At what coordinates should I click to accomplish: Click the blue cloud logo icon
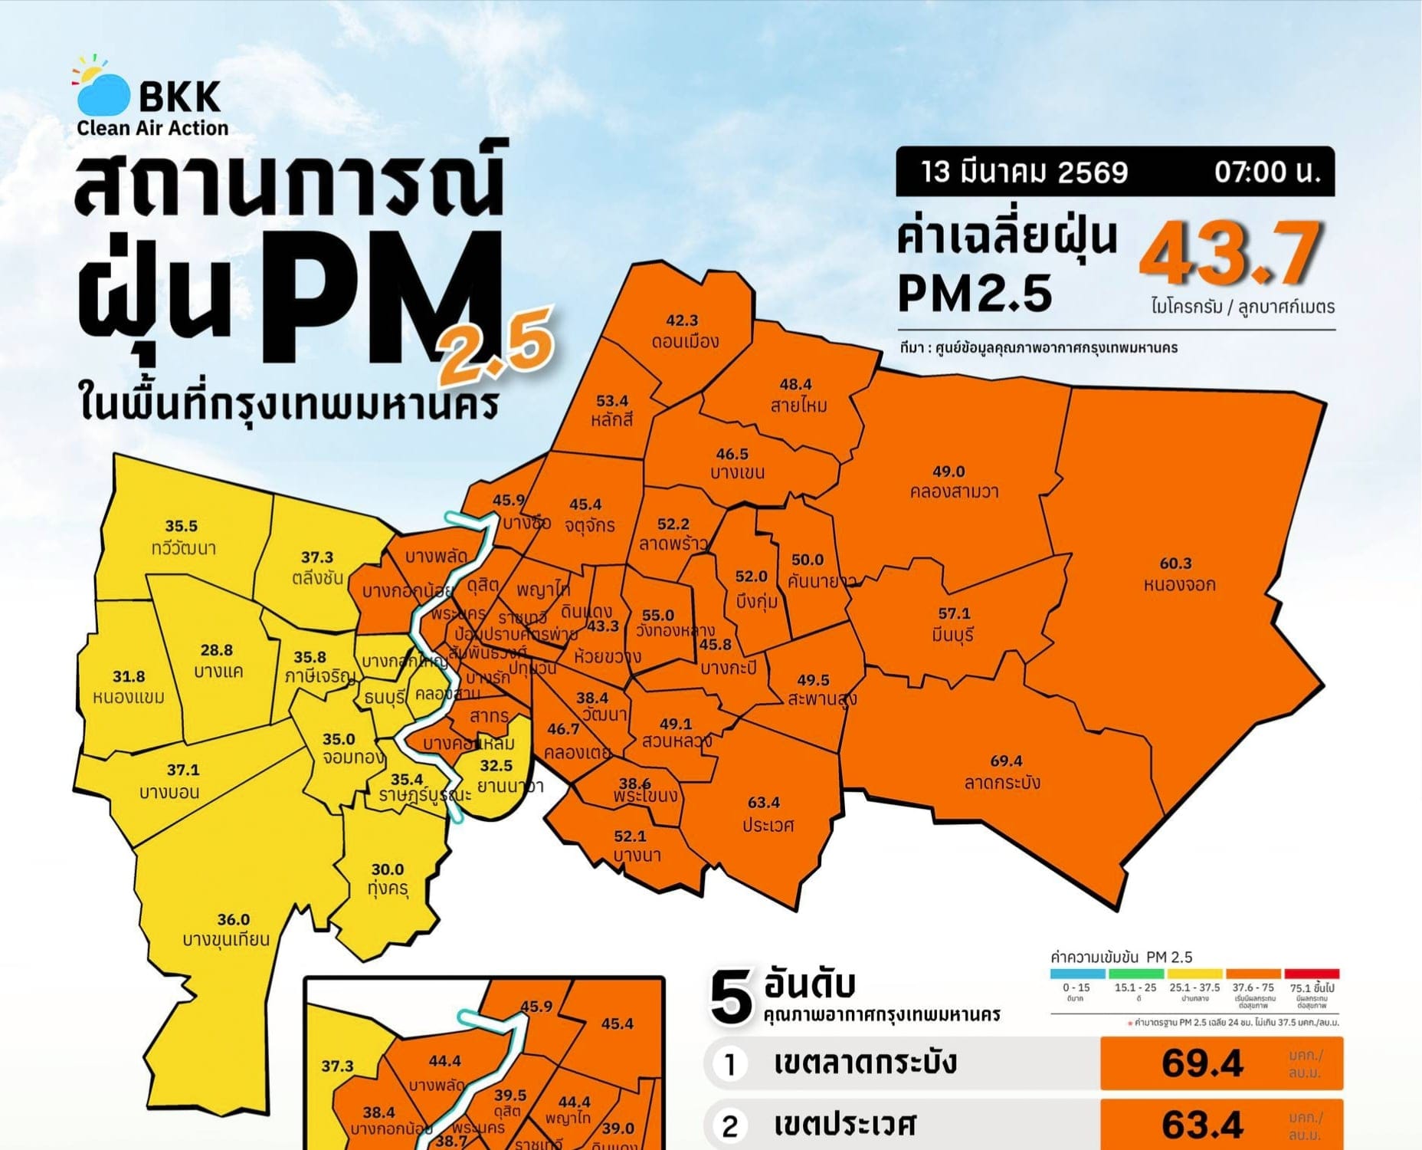click(103, 94)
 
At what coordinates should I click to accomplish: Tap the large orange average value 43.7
click(1230, 252)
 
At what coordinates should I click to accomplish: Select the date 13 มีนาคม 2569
click(1024, 172)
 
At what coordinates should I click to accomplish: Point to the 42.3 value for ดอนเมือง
click(682, 320)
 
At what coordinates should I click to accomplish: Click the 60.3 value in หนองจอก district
click(1175, 563)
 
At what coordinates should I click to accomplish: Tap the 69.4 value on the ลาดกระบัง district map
click(1006, 761)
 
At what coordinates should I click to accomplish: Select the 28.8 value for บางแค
click(217, 650)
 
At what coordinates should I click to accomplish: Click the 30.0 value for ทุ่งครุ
click(388, 869)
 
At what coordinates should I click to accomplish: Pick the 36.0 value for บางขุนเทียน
click(234, 919)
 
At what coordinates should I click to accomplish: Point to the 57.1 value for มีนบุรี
click(954, 613)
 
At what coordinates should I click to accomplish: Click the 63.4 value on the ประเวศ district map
click(764, 803)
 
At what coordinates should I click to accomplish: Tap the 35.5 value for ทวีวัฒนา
click(182, 526)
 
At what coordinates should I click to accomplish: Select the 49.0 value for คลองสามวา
click(949, 472)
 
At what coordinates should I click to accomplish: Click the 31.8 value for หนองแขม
click(129, 676)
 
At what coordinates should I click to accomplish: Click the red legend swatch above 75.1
click(1312, 974)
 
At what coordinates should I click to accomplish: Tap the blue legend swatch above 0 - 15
click(1077, 974)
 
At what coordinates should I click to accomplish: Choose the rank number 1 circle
click(730, 1063)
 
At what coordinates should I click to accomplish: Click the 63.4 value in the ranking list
click(1202, 1125)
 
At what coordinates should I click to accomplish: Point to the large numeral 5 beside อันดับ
click(731, 997)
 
